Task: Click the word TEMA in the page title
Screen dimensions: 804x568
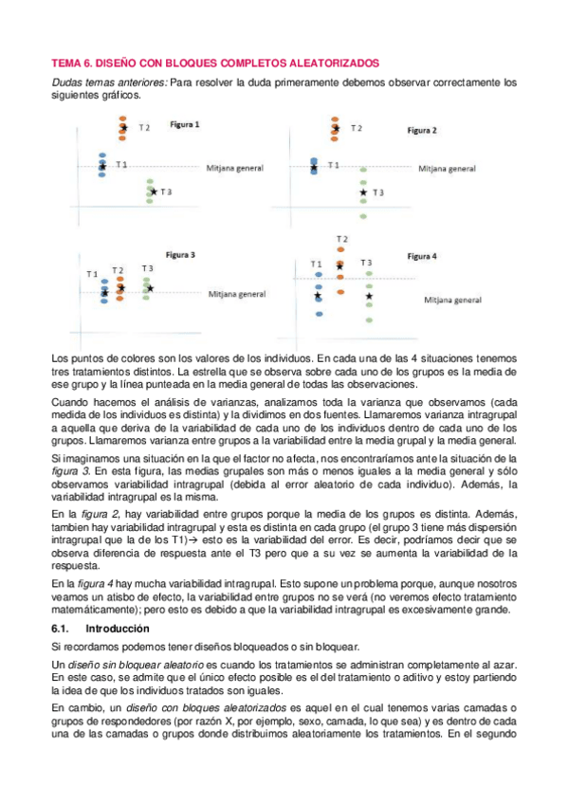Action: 65,63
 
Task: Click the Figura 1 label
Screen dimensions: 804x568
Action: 185,124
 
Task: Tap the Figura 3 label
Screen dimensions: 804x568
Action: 180,255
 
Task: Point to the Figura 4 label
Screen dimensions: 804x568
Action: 422,256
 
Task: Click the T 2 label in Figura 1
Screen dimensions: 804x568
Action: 145,127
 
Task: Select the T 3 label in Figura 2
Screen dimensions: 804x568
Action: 377,192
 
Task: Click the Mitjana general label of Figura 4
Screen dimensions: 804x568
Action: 453,300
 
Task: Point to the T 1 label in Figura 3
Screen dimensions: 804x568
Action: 92,274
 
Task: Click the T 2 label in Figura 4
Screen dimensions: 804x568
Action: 341,238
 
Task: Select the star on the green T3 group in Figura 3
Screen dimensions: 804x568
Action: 149,287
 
